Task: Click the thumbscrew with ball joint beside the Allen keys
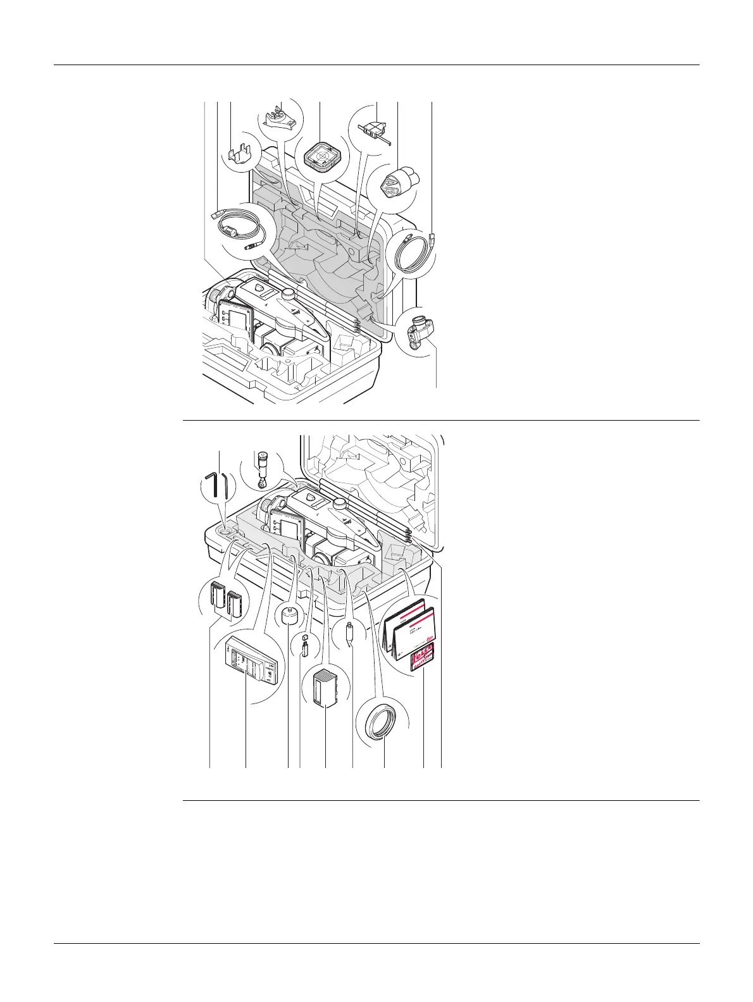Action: tap(261, 470)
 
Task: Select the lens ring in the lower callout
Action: tap(380, 722)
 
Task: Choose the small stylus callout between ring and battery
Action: tap(350, 632)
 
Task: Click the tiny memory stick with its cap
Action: tap(304, 644)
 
